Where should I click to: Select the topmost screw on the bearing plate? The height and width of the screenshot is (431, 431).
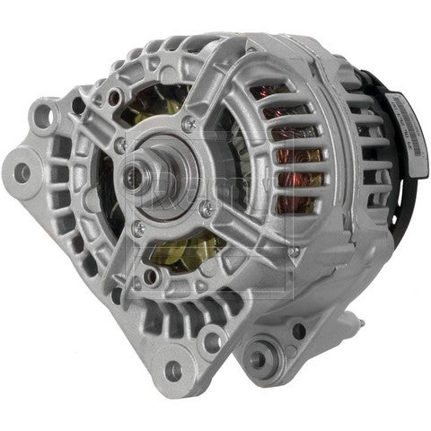click(187, 120)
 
